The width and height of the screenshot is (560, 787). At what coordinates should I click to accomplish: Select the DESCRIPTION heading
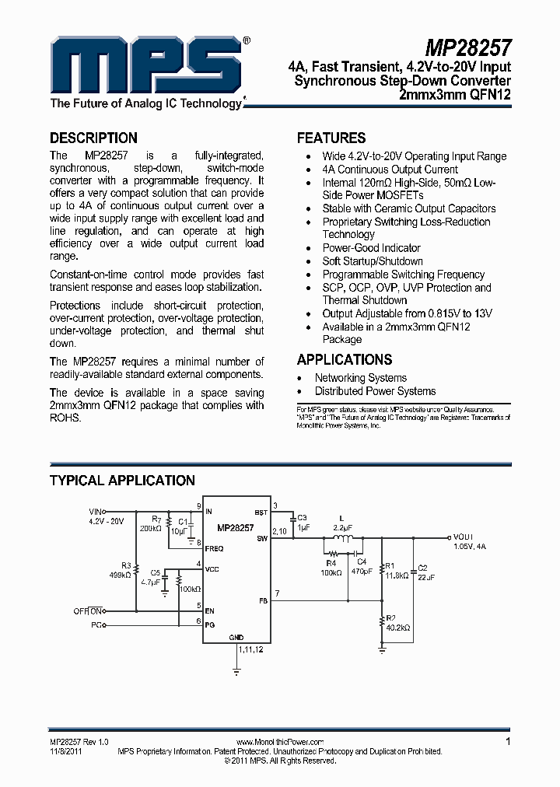tap(93, 138)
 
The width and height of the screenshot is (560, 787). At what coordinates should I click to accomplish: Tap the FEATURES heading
tap(331, 138)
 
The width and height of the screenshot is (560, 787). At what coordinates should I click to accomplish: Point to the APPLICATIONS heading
tap(345, 359)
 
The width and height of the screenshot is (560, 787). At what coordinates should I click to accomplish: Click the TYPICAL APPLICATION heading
tap(122, 481)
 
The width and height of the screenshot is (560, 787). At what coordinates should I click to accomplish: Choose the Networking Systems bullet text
tap(360, 378)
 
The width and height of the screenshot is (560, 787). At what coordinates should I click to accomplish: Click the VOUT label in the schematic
tap(464, 537)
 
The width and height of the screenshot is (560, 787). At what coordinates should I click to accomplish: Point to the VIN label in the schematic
tap(96, 512)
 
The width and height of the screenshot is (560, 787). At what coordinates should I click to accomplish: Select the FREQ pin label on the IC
tap(215, 548)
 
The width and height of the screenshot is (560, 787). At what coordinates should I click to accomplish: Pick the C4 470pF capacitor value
tap(361, 572)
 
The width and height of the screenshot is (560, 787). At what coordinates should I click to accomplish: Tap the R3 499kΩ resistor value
tap(121, 575)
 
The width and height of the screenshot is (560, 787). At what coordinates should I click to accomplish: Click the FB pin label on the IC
tap(262, 600)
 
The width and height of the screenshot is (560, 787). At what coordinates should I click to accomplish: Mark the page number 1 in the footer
tap(508, 742)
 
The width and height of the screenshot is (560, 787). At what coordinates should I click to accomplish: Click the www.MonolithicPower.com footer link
tap(278, 743)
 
